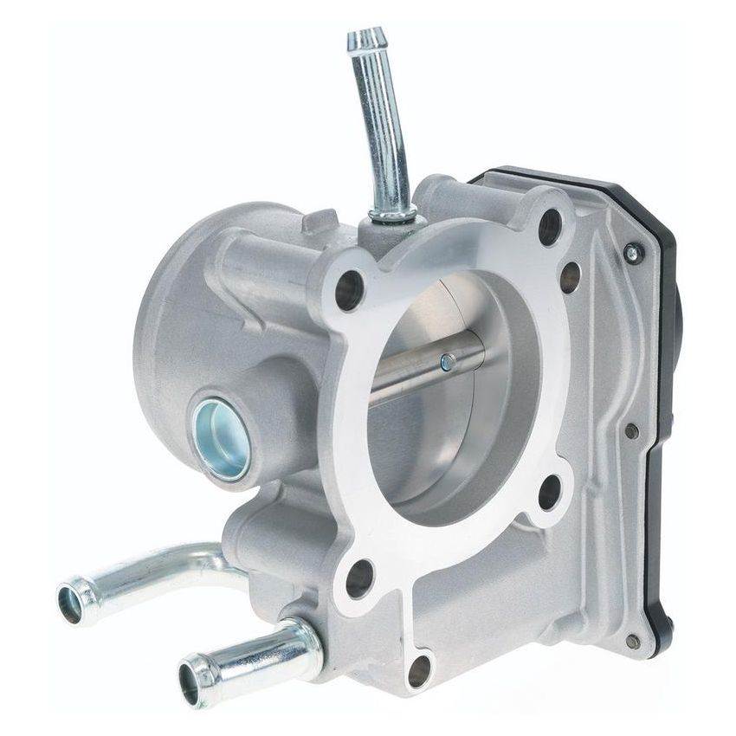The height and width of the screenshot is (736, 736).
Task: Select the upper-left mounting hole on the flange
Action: [x=348, y=289]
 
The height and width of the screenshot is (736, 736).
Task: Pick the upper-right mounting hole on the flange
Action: [x=550, y=227]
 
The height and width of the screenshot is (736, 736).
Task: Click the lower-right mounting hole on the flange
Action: [x=549, y=492]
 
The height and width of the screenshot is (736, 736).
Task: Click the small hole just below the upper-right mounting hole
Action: [x=570, y=277]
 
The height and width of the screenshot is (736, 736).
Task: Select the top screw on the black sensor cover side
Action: [x=632, y=253]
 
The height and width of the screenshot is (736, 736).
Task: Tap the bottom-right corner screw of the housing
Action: [x=633, y=642]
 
